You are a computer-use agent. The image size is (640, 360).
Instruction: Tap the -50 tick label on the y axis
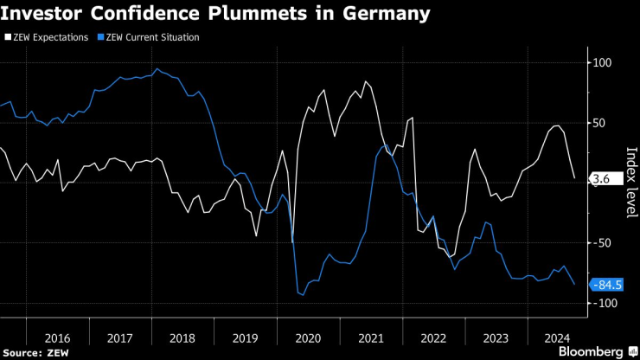coord(601,243)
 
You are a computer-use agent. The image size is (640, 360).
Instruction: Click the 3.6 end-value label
coord(603,179)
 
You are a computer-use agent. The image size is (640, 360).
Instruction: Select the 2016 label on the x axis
coord(56,338)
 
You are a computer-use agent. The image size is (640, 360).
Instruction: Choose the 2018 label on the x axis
coord(182,338)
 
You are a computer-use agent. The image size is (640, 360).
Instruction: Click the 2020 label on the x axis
coord(309,338)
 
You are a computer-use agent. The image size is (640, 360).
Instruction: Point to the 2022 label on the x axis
coord(434,338)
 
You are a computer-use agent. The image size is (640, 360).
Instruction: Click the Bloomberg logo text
coord(590,352)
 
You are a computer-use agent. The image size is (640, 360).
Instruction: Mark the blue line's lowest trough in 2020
coord(303,296)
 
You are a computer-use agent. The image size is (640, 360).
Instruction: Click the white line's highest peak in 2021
coord(366,81)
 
